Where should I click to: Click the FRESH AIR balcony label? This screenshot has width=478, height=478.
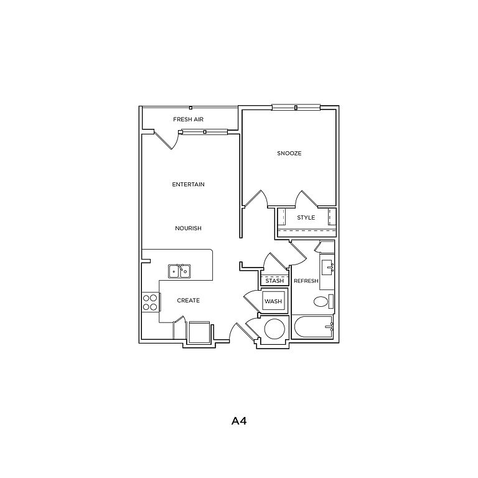pyautogui.click(x=188, y=119)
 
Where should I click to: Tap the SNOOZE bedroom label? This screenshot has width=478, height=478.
pyautogui.click(x=289, y=153)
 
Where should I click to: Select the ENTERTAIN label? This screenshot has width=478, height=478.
pyautogui.click(x=188, y=184)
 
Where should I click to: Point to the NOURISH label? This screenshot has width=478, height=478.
pyautogui.click(x=188, y=228)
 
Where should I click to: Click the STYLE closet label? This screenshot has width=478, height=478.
pyautogui.click(x=306, y=218)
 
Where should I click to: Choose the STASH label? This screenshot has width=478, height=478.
pyautogui.click(x=274, y=281)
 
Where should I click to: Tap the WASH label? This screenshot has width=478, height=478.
pyautogui.click(x=273, y=301)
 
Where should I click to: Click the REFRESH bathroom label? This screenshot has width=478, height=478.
pyautogui.click(x=306, y=281)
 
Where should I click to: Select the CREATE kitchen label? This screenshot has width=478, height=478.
pyautogui.click(x=189, y=301)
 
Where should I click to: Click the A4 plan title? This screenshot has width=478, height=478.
pyautogui.click(x=239, y=421)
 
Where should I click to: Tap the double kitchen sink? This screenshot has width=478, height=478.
pyautogui.click(x=179, y=271)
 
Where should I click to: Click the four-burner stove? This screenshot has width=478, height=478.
pyautogui.click(x=150, y=302)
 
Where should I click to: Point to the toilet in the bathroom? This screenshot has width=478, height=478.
pyautogui.click(x=323, y=302)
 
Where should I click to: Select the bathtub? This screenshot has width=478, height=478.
pyautogui.click(x=313, y=327)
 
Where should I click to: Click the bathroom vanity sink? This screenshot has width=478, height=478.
pyautogui.click(x=328, y=268)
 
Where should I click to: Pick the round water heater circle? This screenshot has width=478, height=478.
pyautogui.click(x=274, y=329)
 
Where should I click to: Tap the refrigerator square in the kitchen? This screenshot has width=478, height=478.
pyautogui.click(x=199, y=332)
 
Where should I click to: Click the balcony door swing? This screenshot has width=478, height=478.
pyautogui.click(x=167, y=140)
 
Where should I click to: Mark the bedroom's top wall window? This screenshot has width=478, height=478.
pyautogui.click(x=296, y=107)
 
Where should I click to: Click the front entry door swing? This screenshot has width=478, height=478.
pyautogui.click(x=241, y=333)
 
